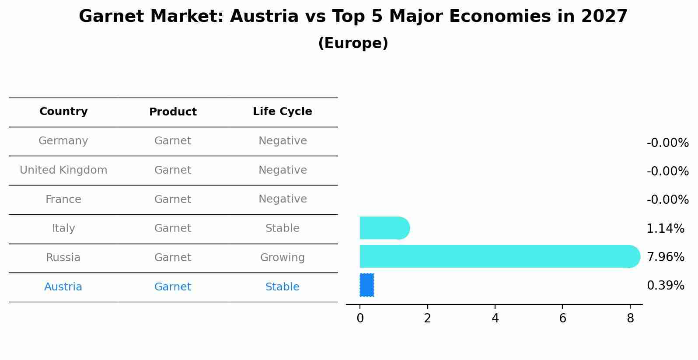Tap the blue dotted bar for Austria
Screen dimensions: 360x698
click(367, 285)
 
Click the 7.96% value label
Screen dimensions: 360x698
click(665, 257)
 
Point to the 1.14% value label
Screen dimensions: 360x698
click(665, 228)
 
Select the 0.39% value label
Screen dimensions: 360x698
click(665, 286)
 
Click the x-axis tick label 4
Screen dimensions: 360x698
click(495, 318)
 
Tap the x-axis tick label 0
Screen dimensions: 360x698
click(360, 318)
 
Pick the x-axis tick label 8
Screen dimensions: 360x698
click(630, 318)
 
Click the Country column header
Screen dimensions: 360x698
click(63, 112)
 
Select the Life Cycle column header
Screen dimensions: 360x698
click(282, 112)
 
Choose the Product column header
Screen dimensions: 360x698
click(173, 112)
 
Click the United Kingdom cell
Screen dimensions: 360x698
click(63, 170)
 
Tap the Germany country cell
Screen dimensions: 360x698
click(63, 141)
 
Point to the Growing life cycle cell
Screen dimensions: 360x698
click(282, 258)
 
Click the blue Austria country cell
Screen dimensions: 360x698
click(63, 287)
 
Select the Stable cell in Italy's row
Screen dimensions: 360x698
click(282, 228)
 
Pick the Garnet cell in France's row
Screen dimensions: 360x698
click(173, 199)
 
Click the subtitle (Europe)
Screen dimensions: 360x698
click(353, 43)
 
